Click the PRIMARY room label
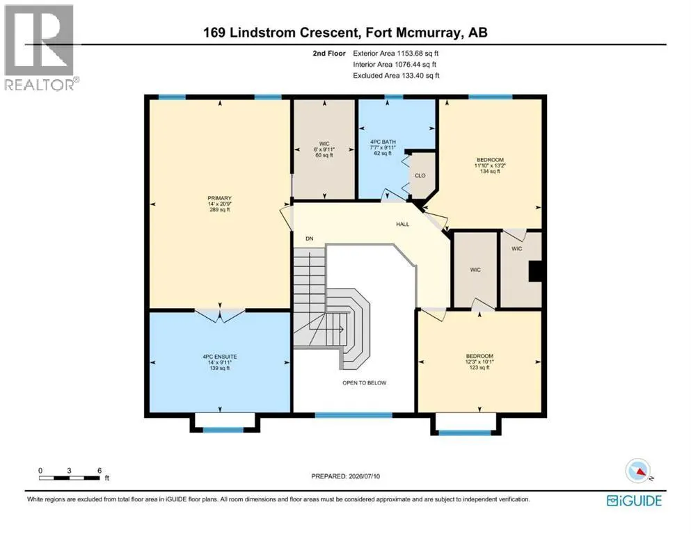[x=219, y=198]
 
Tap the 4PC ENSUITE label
[x=219, y=357]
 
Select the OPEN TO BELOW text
[x=365, y=383]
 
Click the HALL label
[x=402, y=224]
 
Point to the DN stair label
[x=310, y=238]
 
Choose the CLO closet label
[x=420, y=176]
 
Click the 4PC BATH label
[x=383, y=142]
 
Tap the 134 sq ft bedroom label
[x=490, y=165]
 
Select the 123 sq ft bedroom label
[x=479, y=362]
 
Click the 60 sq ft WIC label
[x=324, y=149]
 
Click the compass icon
[x=638, y=471]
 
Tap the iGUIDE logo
[x=634, y=501]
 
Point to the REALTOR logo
[x=40, y=47]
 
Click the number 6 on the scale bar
[x=100, y=470]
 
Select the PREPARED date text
[x=345, y=476]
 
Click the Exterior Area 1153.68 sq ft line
[x=396, y=54]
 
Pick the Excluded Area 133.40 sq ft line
[x=396, y=75]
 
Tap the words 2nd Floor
[x=329, y=54]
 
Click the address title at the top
[x=345, y=33]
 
